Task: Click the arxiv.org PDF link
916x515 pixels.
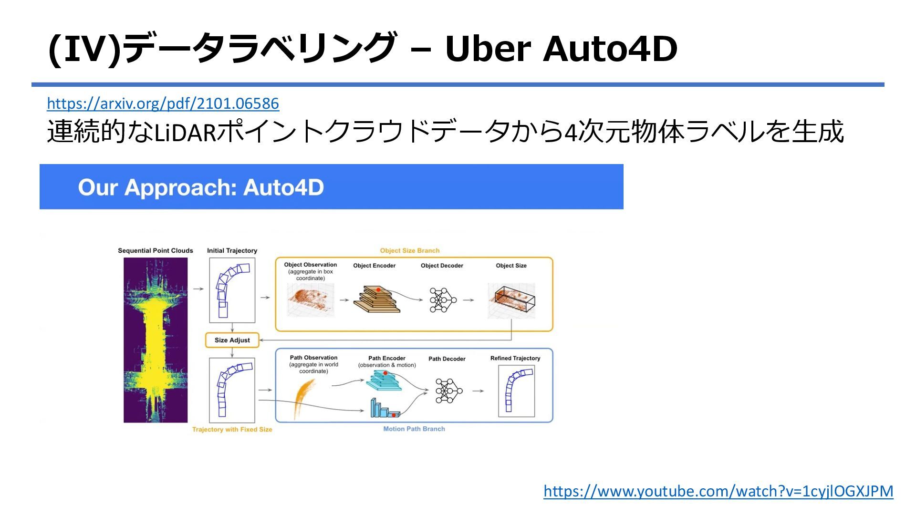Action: [163, 103]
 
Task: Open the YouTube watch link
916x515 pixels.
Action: [718, 491]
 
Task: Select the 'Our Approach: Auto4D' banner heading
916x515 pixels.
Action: [201, 187]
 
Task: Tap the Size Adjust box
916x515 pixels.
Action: [232, 340]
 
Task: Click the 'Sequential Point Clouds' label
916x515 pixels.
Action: [156, 250]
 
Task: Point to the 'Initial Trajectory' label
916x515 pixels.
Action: [232, 250]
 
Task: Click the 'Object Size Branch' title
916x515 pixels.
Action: [410, 250]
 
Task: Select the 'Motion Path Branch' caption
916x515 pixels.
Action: [414, 429]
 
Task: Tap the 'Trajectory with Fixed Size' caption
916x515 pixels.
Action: [232, 429]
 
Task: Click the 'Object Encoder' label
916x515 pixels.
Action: [374, 266]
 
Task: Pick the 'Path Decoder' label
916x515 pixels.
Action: [447, 359]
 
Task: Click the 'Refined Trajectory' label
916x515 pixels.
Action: [515, 358]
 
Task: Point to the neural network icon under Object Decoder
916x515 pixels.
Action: [442, 300]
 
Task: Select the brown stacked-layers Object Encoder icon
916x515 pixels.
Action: [376, 299]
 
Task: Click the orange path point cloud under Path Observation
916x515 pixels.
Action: [304, 397]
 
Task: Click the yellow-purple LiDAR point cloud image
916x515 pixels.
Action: [156, 340]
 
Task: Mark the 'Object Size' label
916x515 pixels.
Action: [511, 266]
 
